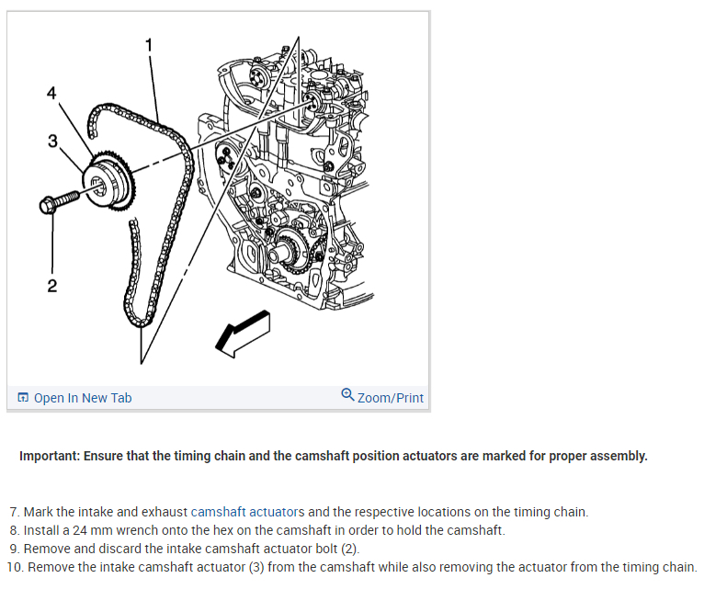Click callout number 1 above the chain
point(149,43)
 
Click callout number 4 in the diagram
point(51,93)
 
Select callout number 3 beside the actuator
point(52,141)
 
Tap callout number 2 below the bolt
point(51,286)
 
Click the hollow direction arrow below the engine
point(244,332)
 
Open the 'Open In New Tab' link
point(83,398)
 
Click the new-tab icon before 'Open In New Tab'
point(23,398)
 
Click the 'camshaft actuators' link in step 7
point(247,512)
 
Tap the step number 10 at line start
point(14,567)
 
